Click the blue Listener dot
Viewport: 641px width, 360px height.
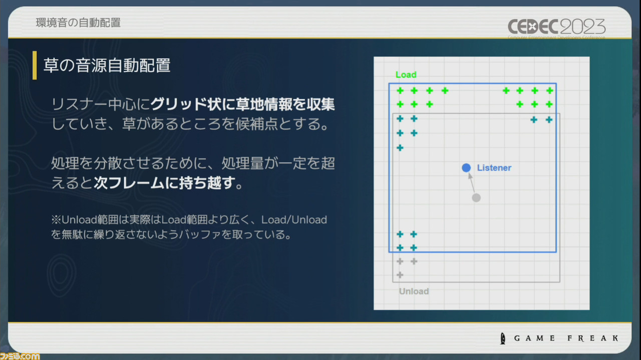click(x=466, y=168)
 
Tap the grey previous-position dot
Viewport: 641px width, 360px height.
click(x=476, y=198)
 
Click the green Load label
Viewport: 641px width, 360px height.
click(x=406, y=75)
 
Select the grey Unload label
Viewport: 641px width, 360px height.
click(x=414, y=291)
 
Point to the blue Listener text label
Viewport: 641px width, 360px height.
click(x=494, y=168)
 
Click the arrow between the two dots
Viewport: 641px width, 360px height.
click(x=471, y=183)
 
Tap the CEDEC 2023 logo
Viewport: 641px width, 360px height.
click(x=556, y=27)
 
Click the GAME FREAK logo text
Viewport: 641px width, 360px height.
click(x=566, y=338)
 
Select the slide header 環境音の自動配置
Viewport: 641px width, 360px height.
click(x=78, y=23)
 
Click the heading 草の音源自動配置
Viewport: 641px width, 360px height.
click(x=107, y=65)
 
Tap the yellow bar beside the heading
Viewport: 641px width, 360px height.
click(x=35, y=65)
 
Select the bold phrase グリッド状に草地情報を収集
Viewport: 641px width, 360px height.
click(x=243, y=104)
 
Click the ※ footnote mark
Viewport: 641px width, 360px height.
click(x=56, y=220)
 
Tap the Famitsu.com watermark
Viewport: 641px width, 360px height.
click(x=20, y=356)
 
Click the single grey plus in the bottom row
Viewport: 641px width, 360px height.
click(x=400, y=275)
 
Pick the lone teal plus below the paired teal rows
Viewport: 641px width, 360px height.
click(x=400, y=148)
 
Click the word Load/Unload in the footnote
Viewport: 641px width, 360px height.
click(x=294, y=220)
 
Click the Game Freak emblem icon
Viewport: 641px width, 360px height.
click(x=503, y=338)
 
